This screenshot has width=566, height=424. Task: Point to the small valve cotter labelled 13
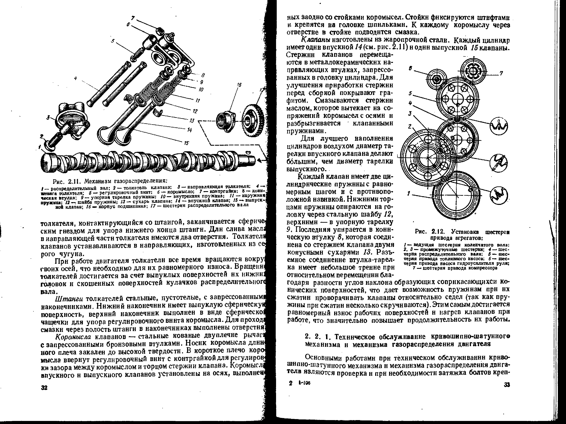(x=158, y=112)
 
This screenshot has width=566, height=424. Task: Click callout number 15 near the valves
(x=186, y=143)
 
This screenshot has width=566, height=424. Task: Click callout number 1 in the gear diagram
(x=409, y=194)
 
